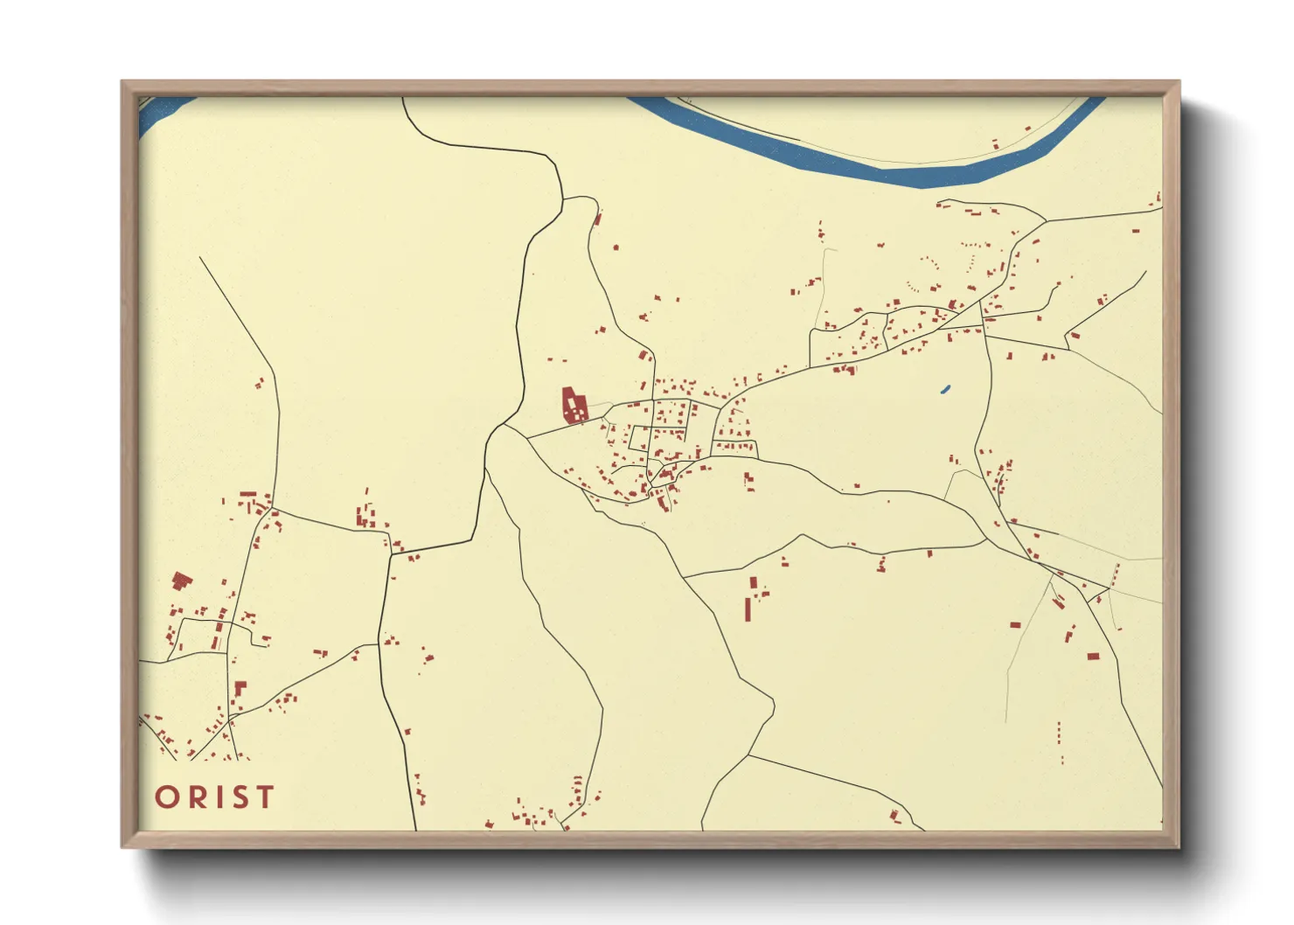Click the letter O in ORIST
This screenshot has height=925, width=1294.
167,797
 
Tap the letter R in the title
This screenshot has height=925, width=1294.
195,797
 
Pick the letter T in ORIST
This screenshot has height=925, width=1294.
265,797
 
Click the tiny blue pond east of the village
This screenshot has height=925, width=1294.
945,389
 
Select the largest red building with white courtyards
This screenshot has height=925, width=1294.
574,406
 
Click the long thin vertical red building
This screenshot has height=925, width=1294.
748,609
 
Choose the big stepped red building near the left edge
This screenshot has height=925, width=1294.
181,581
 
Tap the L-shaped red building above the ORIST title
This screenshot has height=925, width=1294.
240,688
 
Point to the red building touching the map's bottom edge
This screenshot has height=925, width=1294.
894,817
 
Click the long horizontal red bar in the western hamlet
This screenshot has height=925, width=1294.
248,494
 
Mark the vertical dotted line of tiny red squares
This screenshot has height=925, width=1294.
1060,733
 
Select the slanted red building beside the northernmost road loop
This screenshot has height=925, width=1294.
598,218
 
